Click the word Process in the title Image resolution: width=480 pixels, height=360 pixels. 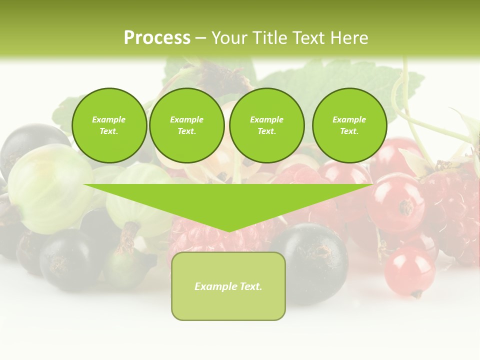157,38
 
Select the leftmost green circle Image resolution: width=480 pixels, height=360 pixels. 109,125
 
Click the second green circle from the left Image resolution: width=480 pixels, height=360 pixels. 187,125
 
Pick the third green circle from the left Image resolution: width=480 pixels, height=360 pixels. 266,125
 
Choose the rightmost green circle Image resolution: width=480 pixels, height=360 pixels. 349,125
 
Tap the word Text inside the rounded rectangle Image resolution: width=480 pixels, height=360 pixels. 251,286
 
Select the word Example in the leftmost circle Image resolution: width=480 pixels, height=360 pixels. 109,119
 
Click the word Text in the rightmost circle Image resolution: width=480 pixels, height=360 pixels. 349,131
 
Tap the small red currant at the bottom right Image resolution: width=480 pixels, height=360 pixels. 409,270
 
